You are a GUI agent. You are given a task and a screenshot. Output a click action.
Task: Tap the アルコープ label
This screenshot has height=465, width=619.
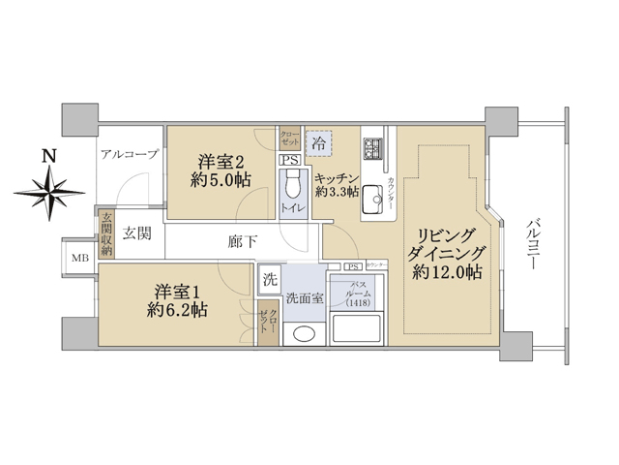(x=128, y=154)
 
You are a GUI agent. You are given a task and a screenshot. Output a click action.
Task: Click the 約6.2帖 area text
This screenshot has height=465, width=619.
(x=177, y=311)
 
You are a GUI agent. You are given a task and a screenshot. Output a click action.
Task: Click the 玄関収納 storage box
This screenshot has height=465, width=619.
(x=105, y=233)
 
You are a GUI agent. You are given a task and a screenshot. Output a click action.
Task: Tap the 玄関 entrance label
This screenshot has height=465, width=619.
(x=137, y=232)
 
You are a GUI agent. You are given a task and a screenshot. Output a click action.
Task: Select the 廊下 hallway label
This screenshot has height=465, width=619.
(x=243, y=241)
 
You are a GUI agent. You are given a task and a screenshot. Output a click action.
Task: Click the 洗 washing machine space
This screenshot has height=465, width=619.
(x=271, y=279)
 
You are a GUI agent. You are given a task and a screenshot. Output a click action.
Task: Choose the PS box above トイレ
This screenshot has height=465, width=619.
(x=289, y=161)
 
